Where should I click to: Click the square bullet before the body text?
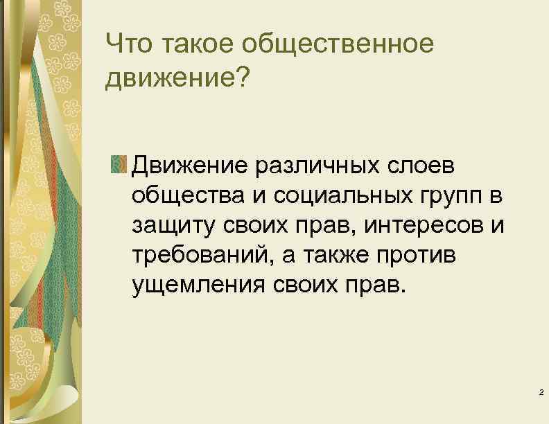point(118,166)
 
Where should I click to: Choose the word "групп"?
point(438,197)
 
